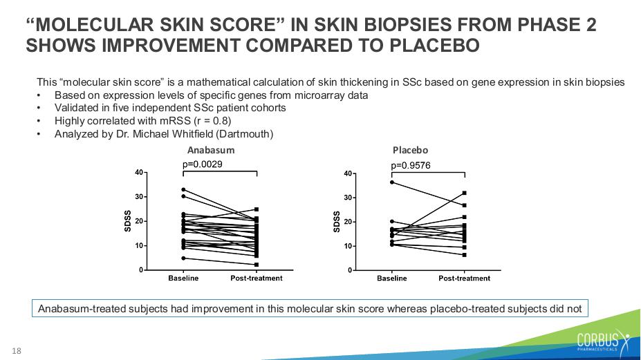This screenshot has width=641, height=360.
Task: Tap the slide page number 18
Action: [x=17, y=350]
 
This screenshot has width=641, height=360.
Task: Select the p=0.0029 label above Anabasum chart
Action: [x=203, y=164]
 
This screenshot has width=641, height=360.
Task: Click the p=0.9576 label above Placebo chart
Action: [x=411, y=166]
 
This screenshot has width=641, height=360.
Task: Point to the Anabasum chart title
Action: [x=211, y=150]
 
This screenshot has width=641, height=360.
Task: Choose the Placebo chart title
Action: [x=410, y=150]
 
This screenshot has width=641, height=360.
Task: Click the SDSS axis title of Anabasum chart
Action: [x=127, y=221]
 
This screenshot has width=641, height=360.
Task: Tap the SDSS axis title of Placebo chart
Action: [x=337, y=222]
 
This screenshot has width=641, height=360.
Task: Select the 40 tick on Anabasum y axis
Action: [x=139, y=173]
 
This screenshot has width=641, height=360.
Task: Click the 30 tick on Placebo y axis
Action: [x=348, y=198]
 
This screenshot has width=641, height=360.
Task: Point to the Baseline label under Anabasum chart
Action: [x=183, y=278]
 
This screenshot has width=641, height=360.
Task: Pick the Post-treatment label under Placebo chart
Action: [x=465, y=278]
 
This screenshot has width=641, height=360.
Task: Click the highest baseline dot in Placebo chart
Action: [x=392, y=182]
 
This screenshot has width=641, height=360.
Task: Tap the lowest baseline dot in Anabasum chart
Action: [x=183, y=258]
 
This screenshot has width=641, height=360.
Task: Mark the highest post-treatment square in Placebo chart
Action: [x=465, y=193]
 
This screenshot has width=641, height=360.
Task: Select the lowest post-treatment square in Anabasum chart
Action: [x=257, y=265]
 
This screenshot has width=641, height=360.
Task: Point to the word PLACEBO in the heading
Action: [x=434, y=46]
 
